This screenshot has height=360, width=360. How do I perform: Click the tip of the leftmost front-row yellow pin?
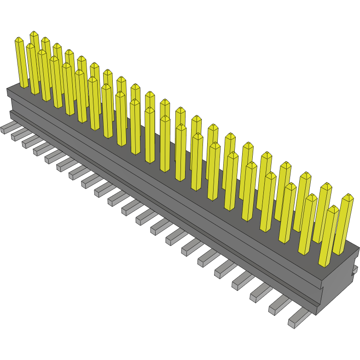19,40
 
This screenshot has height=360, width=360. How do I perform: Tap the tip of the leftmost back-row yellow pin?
34,34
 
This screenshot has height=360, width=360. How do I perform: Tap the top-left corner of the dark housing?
7,89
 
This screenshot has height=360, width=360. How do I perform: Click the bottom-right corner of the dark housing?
317,314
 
